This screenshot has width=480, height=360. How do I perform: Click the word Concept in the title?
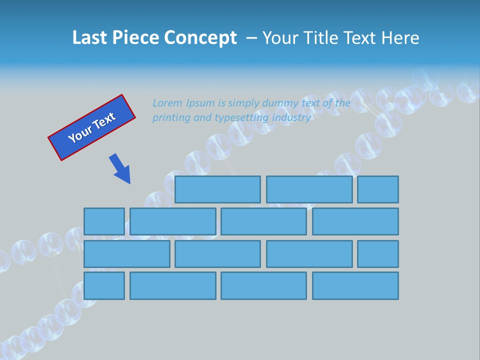coord(200,38)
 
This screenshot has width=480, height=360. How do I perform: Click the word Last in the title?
coord(90,38)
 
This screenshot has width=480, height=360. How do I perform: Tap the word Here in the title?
coord(400,38)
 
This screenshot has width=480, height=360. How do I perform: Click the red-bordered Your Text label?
coord(92,127)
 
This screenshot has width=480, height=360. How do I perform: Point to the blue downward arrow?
coord(120,169)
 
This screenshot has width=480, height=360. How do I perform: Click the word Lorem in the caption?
coord(167,103)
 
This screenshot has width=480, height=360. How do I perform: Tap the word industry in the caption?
coord(291,118)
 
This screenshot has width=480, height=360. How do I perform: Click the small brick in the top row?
coord(378,189)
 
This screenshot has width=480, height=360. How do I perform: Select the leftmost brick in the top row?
coord(217,189)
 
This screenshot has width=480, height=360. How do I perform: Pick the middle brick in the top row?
coord(309,189)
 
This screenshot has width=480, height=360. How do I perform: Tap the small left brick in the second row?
coord(104,221)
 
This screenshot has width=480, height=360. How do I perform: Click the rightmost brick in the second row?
coord(355,221)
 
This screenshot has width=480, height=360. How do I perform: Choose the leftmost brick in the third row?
coord(126,254)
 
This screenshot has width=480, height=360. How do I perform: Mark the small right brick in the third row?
coord(378,254)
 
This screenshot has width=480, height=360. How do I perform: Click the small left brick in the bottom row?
coord(104,286)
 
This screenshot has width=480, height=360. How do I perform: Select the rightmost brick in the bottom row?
coord(355,286)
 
